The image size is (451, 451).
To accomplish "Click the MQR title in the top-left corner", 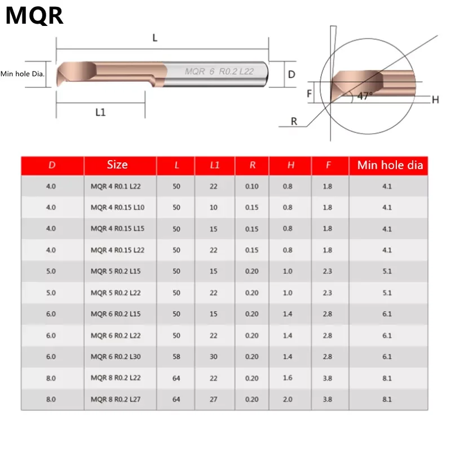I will [x=34, y=15].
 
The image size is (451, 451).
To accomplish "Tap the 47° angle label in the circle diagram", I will [x=365, y=96].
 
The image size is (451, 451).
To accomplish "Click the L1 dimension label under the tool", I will [x=100, y=112].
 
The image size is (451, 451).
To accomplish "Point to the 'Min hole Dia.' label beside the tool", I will [x=23, y=74].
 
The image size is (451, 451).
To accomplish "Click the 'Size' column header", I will [x=117, y=165].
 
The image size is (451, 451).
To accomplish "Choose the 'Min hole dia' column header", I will [x=390, y=165].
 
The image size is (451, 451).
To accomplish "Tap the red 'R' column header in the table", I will [x=252, y=165].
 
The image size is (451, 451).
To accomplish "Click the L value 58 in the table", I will [x=176, y=357].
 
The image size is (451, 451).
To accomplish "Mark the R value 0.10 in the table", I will [x=252, y=186].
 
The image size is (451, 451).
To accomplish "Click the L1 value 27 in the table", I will [x=214, y=399].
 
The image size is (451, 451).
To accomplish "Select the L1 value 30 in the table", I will [x=214, y=357].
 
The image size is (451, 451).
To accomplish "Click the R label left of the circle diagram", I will [x=294, y=121].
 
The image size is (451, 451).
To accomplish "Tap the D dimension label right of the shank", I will [x=291, y=74].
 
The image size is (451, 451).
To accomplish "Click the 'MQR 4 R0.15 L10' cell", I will [x=117, y=207].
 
